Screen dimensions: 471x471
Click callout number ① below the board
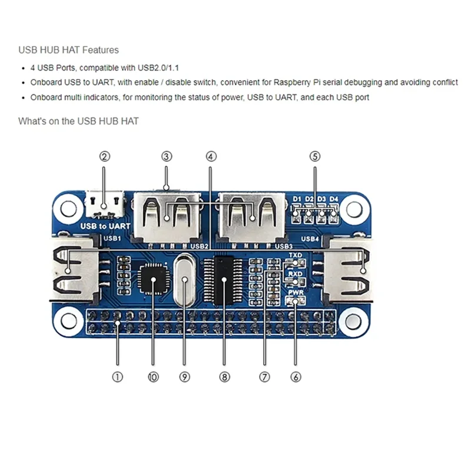[x=117, y=377]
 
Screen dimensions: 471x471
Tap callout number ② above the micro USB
[x=105, y=157]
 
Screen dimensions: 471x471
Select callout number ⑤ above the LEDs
[x=315, y=157]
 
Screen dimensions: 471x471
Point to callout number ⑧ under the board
[x=224, y=377]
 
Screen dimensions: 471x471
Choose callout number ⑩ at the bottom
[x=153, y=377]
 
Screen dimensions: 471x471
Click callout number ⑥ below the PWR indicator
[x=296, y=377]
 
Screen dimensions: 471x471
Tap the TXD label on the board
[x=296, y=256]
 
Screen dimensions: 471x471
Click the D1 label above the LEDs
[x=297, y=198]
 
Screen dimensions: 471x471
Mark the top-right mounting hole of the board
[x=353, y=208]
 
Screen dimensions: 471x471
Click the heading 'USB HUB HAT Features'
[x=68, y=50]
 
